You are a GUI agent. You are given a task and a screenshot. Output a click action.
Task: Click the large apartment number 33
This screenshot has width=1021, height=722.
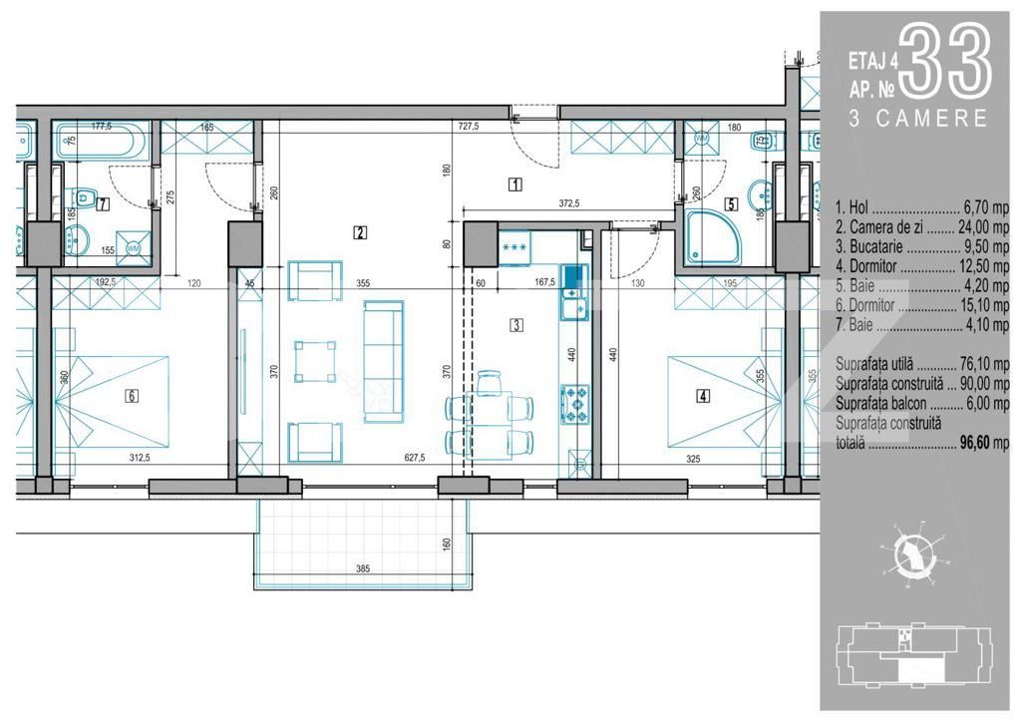click(x=947, y=62)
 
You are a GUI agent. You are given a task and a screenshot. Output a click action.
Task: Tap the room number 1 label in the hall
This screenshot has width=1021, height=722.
click(x=514, y=183)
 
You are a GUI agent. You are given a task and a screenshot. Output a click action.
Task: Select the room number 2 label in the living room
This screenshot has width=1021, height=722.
click(x=360, y=234)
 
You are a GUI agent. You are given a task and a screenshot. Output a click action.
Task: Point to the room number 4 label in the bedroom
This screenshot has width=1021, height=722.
click(x=704, y=395)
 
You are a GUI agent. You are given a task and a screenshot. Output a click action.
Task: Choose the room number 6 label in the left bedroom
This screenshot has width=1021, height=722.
click(x=131, y=395)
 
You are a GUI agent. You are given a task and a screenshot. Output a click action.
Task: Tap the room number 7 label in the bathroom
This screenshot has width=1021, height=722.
click(x=103, y=203)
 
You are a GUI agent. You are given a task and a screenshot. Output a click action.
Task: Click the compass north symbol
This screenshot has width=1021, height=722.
click(x=910, y=552)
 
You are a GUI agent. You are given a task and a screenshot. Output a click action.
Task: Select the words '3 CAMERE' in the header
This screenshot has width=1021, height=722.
click(x=917, y=119)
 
